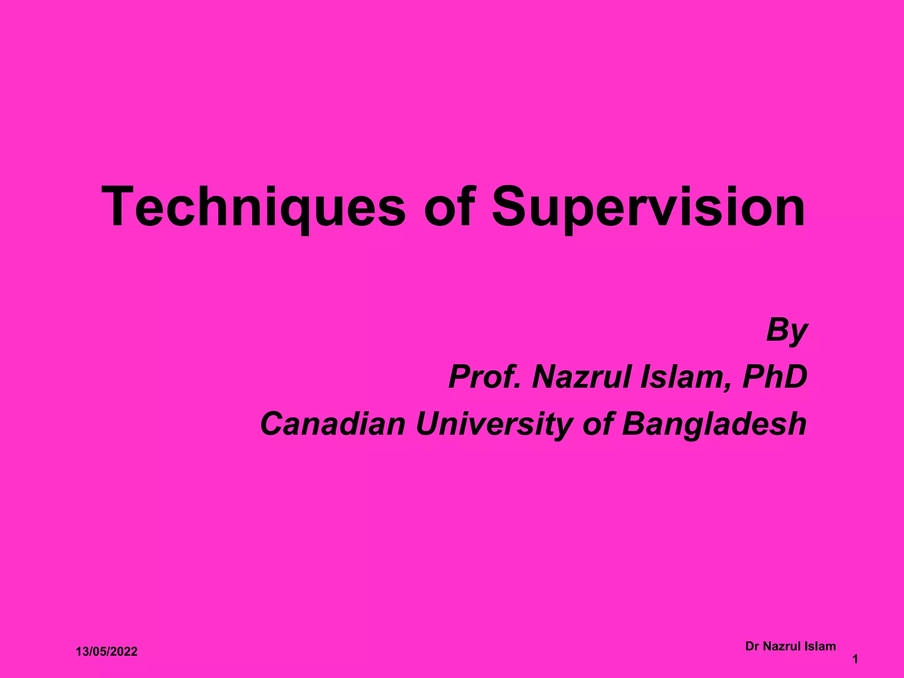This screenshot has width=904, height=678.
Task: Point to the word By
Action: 787,330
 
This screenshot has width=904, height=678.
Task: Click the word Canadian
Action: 332,424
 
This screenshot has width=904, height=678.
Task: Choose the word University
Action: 494,424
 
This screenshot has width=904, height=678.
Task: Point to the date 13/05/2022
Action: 106,652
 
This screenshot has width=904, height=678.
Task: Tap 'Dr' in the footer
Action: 752,647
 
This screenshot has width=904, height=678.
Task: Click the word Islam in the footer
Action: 820,647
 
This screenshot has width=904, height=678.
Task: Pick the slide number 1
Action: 855,659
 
